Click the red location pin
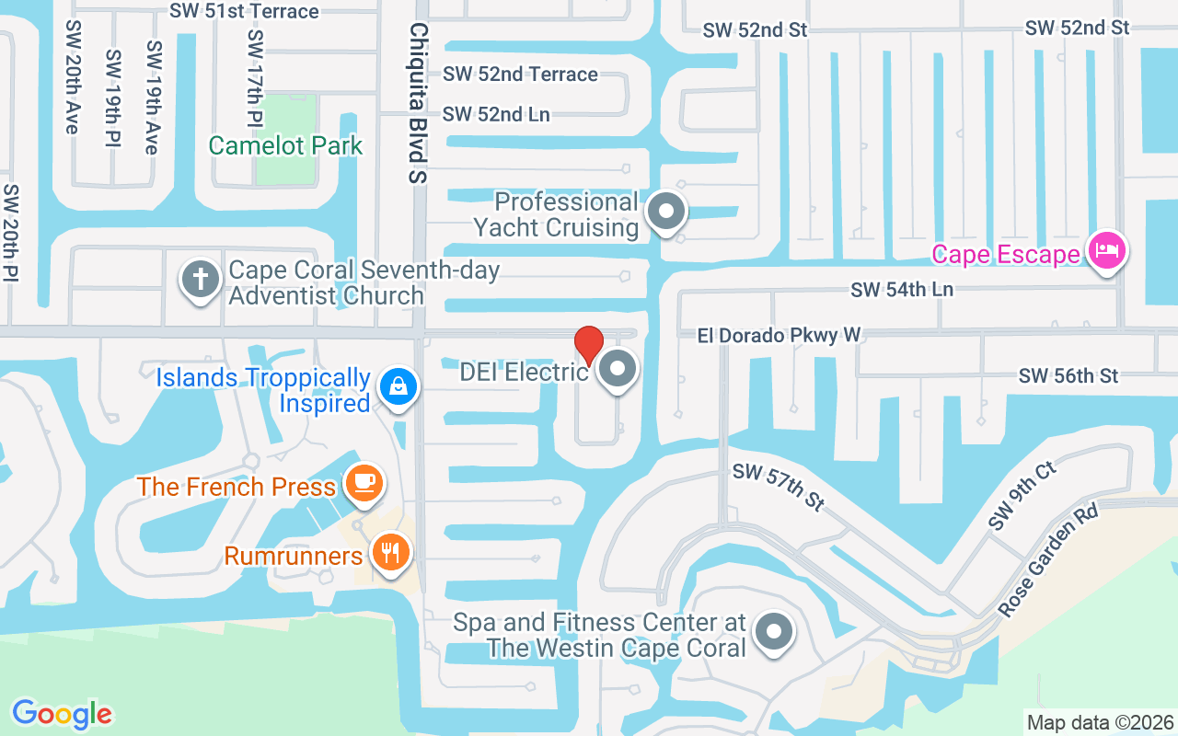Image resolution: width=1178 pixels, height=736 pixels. tap(589, 344)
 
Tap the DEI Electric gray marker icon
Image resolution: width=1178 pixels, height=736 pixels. tap(618, 370)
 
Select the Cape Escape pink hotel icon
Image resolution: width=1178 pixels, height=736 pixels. tap(1106, 251)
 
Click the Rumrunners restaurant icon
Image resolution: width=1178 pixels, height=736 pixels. tap(391, 552)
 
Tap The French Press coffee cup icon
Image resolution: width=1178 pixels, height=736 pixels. tap(364, 481)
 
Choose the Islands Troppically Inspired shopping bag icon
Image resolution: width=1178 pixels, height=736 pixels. tap(399, 385)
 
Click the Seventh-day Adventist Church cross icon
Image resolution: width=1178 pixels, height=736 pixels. tap(200, 279)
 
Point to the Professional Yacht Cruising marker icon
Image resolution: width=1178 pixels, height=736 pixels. tap(666, 213)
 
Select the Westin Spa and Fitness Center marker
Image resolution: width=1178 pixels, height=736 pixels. tap(774, 633)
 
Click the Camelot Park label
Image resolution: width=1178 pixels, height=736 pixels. tap(285, 145)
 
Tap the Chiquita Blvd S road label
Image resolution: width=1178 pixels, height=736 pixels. tap(419, 103)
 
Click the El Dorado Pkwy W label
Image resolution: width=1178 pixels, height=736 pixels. tap(780, 335)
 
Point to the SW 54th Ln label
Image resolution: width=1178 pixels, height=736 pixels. tap(902, 290)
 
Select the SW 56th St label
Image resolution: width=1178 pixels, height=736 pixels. tap(1068, 375)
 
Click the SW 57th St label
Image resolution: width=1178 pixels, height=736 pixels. tap(779, 487)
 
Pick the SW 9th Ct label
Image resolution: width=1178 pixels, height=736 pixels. tap(1022, 496)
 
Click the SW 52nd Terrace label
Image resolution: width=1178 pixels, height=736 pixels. tap(520, 74)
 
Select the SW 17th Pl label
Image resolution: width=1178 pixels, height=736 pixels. tap(255, 78)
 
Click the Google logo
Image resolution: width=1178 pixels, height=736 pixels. tap(62, 714)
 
